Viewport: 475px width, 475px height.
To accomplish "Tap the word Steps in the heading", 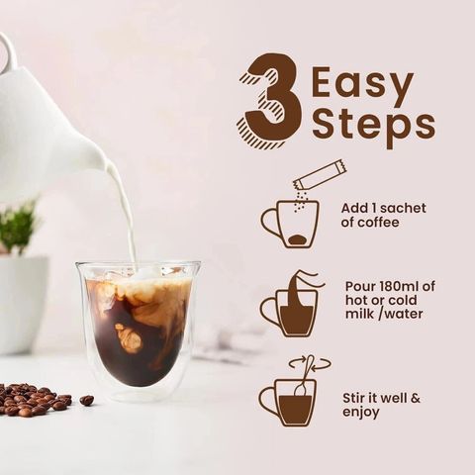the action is pyautogui.click(x=373, y=127).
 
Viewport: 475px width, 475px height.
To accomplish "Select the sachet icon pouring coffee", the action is pyautogui.click(x=320, y=175).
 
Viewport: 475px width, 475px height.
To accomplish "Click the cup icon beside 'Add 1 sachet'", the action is pyautogui.click(x=291, y=224).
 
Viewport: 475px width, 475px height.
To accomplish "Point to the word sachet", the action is pyautogui.click(x=403, y=208).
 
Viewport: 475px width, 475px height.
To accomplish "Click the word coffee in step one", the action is pyautogui.click(x=378, y=223).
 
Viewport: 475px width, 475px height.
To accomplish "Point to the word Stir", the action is pyautogui.click(x=353, y=398).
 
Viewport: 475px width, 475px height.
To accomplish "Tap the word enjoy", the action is pyautogui.click(x=361, y=413).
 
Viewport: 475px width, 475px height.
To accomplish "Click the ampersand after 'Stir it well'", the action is pyautogui.click(x=416, y=398).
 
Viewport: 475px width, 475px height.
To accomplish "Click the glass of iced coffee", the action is pyautogui.click(x=139, y=329).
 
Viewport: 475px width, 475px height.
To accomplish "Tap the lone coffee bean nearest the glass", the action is pyautogui.click(x=87, y=400).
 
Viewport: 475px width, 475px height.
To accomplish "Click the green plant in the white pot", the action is pyautogui.click(x=18, y=228).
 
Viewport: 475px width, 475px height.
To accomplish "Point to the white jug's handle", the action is pyautogui.click(x=8, y=49).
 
